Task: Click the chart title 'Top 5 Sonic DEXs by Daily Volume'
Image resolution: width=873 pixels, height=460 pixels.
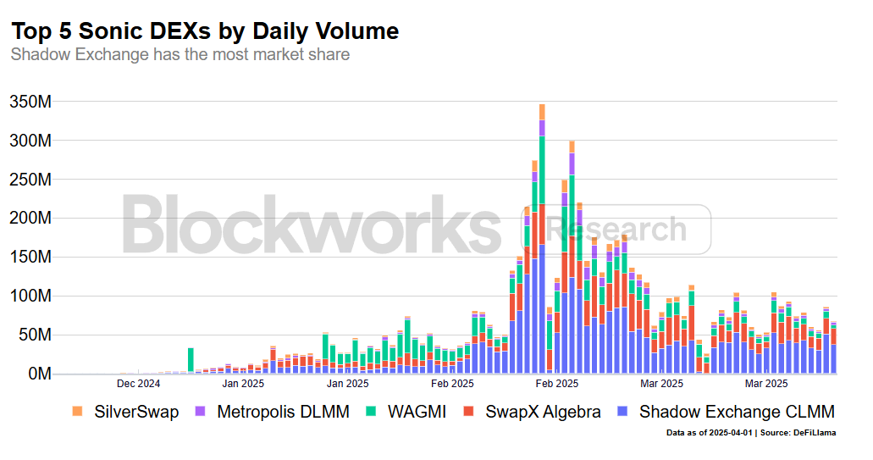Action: coord(204,31)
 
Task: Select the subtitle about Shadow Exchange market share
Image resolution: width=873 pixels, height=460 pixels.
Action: coord(180,55)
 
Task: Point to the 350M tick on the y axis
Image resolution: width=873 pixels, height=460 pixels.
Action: coord(30,102)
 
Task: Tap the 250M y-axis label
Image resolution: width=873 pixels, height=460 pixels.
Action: coord(30,180)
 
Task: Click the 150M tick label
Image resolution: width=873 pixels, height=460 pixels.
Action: coord(30,258)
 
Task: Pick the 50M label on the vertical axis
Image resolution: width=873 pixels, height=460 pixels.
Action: coord(35,335)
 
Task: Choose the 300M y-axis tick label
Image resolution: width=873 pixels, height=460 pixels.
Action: coord(30,141)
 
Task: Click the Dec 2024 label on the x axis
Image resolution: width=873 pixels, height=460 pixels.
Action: coord(138,384)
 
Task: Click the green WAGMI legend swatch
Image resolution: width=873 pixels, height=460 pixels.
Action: coord(370,412)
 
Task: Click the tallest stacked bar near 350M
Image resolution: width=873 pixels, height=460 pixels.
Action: coord(542,237)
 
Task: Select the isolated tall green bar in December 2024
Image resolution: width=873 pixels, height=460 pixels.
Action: coord(191,360)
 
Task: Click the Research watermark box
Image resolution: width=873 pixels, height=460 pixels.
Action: coord(616,229)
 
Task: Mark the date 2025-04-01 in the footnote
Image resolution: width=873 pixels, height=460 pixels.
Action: coord(729,433)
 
